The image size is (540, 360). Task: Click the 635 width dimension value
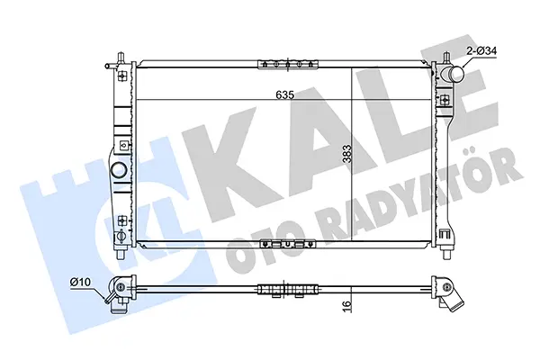tap(285, 94)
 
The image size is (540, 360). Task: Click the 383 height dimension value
tap(347, 154)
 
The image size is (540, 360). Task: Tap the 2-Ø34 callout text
tap(481, 51)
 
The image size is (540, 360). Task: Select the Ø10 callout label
tap(80, 282)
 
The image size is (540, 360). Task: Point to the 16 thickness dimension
tap(347, 304)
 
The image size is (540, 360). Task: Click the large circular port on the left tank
tap(118, 169)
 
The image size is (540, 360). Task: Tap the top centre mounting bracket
tap(288, 64)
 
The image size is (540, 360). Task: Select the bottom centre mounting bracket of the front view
tap(288, 244)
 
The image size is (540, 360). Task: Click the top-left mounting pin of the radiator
tap(121, 58)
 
